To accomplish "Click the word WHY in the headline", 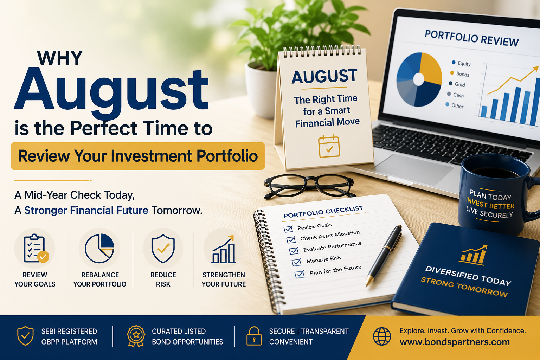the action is [x=60, y=58].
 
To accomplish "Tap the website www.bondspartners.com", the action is [x=455, y=342].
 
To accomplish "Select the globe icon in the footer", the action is [x=382, y=336].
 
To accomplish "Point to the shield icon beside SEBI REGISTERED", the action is [x=25, y=336].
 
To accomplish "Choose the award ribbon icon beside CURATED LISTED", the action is [x=136, y=336].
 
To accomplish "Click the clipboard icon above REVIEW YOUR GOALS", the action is [x=36, y=248].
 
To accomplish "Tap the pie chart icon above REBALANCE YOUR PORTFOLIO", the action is [x=99, y=248].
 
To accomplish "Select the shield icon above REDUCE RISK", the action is [x=163, y=248].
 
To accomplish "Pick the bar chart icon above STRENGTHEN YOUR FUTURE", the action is [x=223, y=249].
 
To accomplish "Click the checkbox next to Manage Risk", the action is [x=296, y=262].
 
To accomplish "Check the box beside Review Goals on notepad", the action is [x=288, y=229].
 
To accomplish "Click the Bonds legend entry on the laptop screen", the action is [x=460, y=74].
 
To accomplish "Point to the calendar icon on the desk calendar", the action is [x=329, y=146].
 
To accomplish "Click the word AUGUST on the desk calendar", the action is [x=324, y=76].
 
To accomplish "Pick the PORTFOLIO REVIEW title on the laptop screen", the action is [x=471, y=38].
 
